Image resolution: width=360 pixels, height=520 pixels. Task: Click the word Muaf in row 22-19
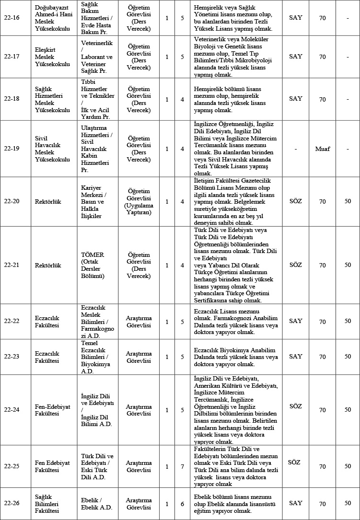point(323,149)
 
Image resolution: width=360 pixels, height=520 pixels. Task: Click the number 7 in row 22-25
point(182,466)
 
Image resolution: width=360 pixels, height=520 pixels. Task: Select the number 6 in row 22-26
point(182,504)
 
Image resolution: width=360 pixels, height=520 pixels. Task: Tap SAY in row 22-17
point(296,57)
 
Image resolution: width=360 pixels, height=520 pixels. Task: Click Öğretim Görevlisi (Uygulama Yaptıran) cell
point(139,202)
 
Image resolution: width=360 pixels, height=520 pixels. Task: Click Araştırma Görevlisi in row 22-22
point(139,321)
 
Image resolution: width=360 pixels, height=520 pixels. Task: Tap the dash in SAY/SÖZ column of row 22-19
point(296,149)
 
